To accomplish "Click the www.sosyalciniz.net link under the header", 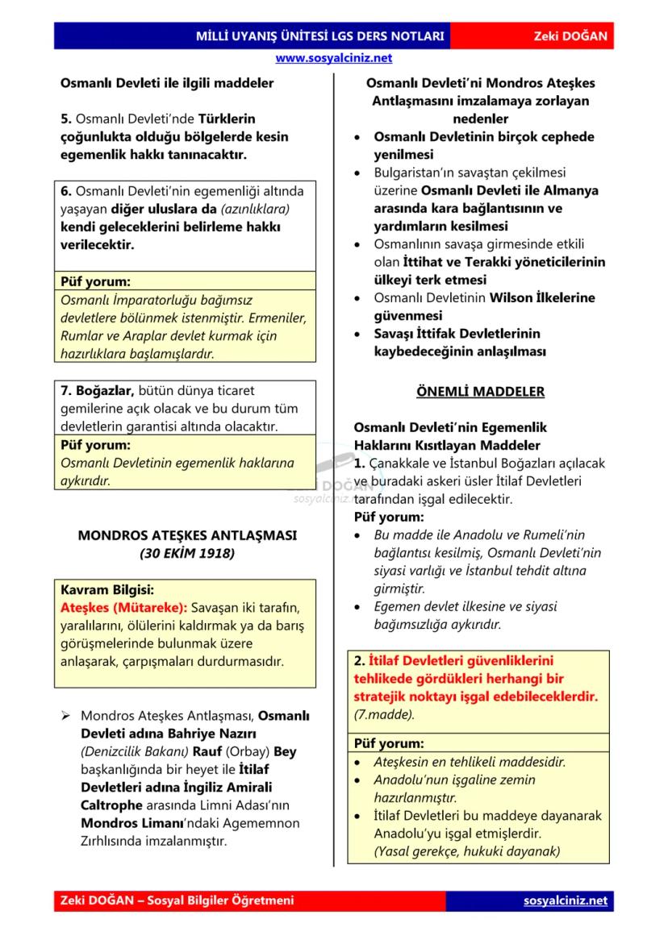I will [x=333, y=58].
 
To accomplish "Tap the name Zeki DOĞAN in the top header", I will [x=570, y=36].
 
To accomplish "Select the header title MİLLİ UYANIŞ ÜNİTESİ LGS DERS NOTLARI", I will [x=319, y=36].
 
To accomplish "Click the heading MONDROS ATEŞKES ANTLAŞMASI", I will [x=187, y=534].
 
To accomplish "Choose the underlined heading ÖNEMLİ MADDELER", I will [x=480, y=392].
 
